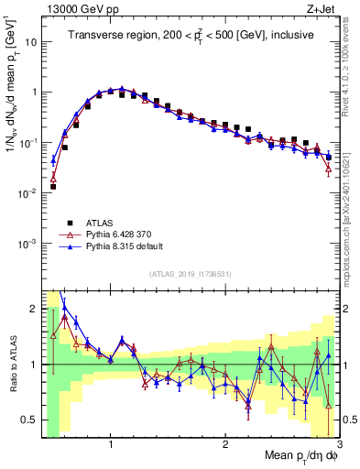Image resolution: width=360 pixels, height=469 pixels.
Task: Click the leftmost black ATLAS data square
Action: point(53,186)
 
